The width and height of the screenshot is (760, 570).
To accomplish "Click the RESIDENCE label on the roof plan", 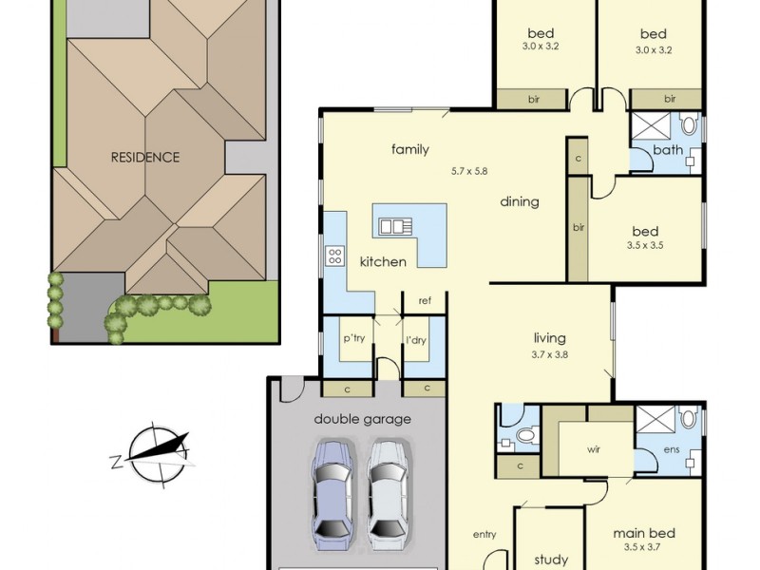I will tap(144, 157).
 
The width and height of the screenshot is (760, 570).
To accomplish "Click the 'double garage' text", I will tap(363, 418).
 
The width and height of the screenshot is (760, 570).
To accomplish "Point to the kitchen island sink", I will tap(393, 226).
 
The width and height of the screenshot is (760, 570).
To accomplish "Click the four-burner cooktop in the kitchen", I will tap(335, 255).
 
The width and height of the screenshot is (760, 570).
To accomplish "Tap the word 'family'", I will tap(410, 149).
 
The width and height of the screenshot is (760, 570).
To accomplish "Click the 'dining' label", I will tap(520, 201).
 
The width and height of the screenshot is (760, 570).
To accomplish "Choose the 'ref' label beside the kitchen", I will tap(425, 301).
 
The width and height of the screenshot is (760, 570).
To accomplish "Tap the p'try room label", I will tap(354, 339).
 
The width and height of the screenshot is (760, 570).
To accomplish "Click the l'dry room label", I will tap(415, 339).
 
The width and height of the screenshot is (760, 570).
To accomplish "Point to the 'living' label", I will tap(549, 337).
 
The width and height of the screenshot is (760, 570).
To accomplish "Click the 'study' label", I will tap(550, 560).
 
